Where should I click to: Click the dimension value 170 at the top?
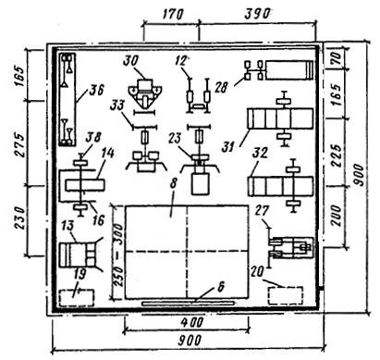click(172, 14)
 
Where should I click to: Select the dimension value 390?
click(257, 14)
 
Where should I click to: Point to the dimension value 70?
click(337, 57)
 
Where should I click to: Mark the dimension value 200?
click(337, 216)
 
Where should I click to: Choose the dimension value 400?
click(192, 323)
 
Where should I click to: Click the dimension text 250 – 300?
click(117, 254)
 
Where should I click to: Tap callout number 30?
click(130, 61)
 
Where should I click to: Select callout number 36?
click(96, 90)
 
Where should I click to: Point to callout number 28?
click(221, 88)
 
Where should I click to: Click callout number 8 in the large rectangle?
click(173, 182)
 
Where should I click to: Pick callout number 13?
click(67, 226)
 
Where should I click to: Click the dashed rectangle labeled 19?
click(77, 297)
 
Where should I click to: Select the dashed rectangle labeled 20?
click(285, 296)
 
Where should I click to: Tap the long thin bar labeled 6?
click(188, 304)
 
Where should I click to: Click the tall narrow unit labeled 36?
click(67, 99)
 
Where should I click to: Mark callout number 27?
click(262, 212)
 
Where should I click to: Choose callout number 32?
click(261, 153)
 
